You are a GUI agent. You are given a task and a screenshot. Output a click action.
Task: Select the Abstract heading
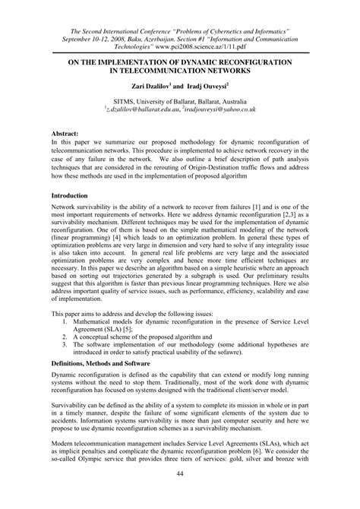[65, 131]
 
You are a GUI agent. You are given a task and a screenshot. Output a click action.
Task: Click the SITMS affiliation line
[180, 100]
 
